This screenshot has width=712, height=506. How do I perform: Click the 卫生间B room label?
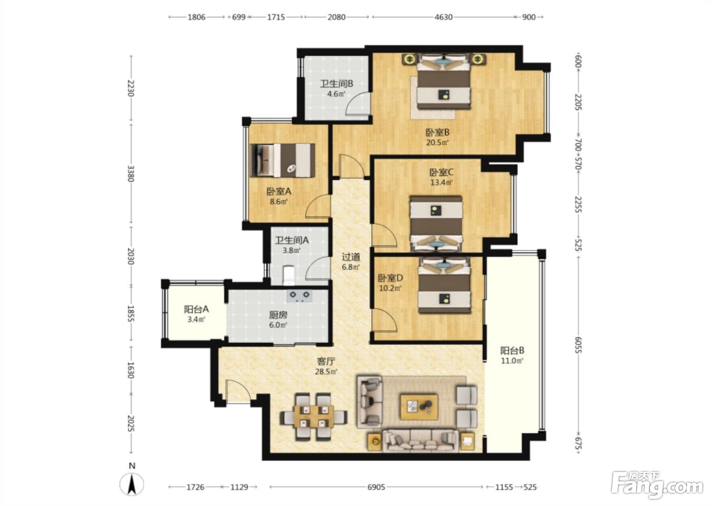point(336,84)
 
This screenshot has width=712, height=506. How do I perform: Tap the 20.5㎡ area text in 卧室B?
point(437,142)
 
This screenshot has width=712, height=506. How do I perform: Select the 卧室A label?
point(279,192)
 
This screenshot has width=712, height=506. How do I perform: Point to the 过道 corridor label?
point(351,257)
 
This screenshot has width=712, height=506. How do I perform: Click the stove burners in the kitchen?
point(300,296)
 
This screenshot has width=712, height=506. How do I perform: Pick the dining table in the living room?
point(314,417)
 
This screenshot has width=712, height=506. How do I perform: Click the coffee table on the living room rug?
point(419,407)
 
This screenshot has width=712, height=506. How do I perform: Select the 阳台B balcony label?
point(513,351)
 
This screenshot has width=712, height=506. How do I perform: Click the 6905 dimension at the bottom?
point(376,487)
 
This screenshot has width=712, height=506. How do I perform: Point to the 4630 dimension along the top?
point(443,17)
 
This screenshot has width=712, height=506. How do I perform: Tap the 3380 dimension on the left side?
point(131,174)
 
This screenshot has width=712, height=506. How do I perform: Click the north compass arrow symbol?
point(132,485)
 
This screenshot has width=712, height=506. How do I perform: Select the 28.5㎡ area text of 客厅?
point(326,371)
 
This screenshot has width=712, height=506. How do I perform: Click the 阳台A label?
point(196,309)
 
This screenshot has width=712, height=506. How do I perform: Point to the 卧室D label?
point(391,278)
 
